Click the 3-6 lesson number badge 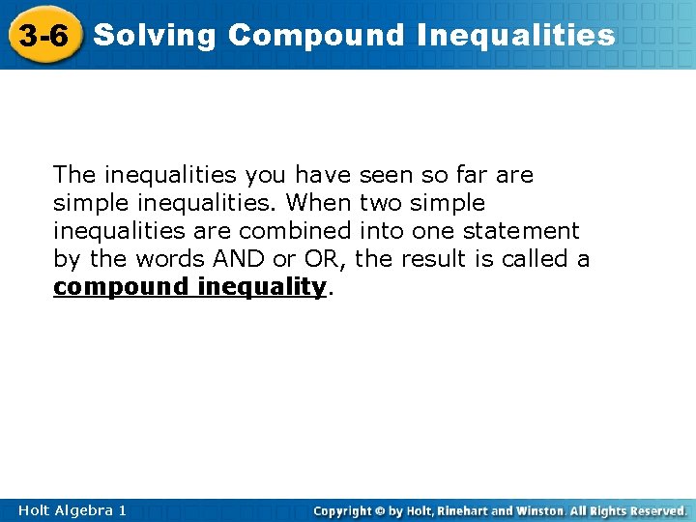pyautogui.click(x=43, y=37)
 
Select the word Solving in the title pyautogui.click(x=156, y=36)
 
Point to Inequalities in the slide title pyautogui.click(x=516, y=36)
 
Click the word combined pyautogui.click(x=295, y=231)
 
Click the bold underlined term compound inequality pyautogui.click(x=189, y=287)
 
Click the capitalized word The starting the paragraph pyautogui.click(x=74, y=175)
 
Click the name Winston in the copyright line pyautogui.click(x=540, y=510)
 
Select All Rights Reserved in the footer pyautogui.click(x=631, y=510)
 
